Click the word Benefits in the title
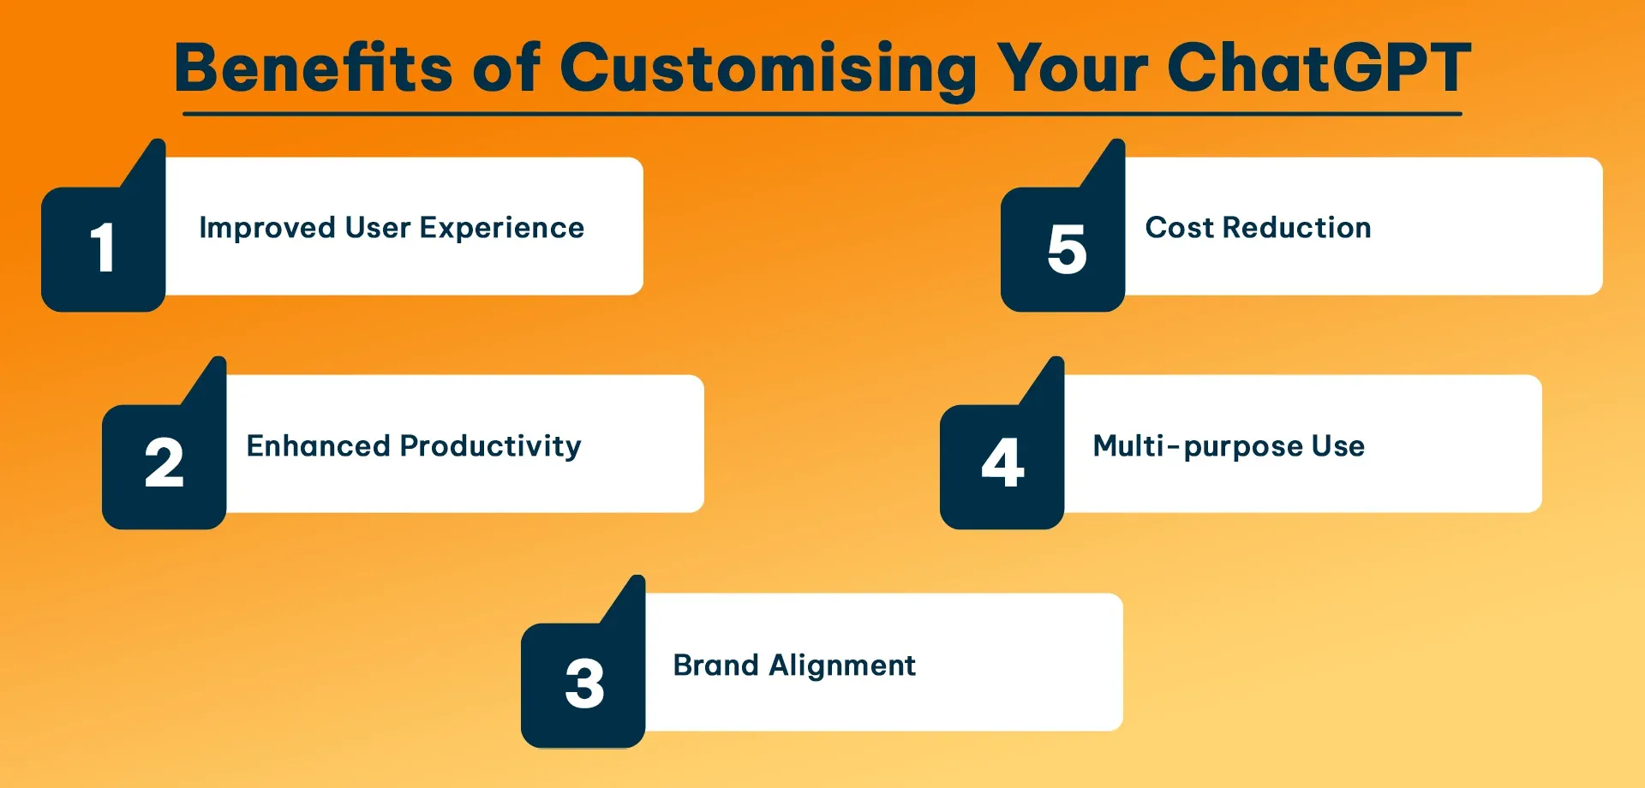click(x=313, y=69)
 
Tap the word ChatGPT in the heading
click(x=1319, y=69)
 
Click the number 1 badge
click(x=103, y=249)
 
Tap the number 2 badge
click(x=164, y=464)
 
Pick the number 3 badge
click(x=584, y=684)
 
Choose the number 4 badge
click(x=1002, y=464)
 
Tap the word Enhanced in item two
click(x=318, y=446)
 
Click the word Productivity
click(x=490, y=446)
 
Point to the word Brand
click(x=715, y=666)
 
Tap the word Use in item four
click(x=1337, y=446)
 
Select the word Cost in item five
click(x=1179, y=228)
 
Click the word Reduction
click(x=1296, y=228)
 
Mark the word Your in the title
click(x=1072, y=69)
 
